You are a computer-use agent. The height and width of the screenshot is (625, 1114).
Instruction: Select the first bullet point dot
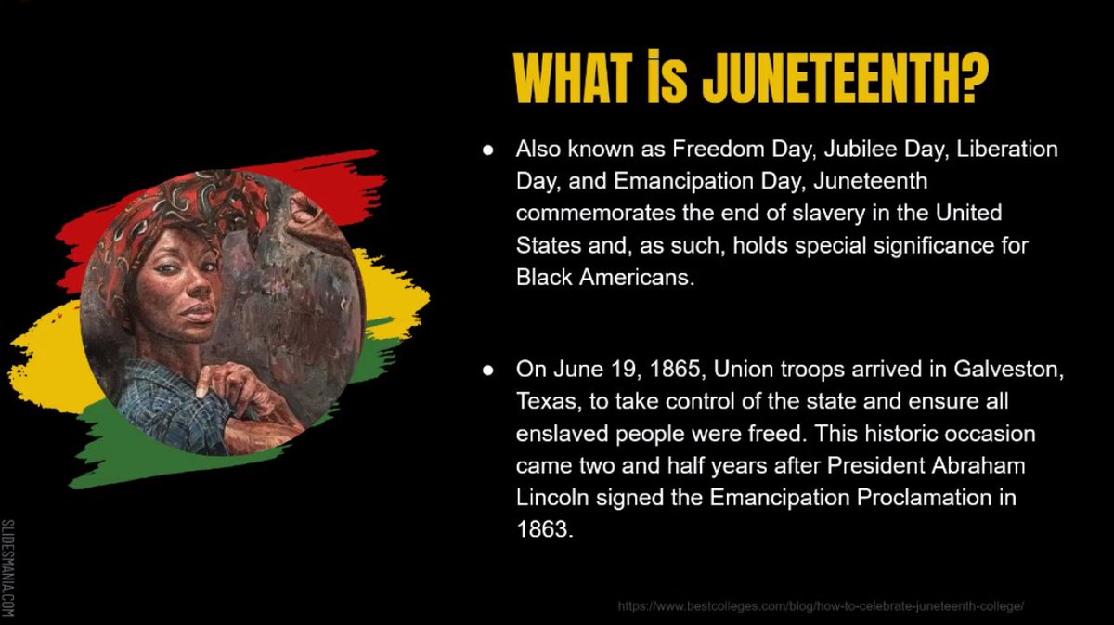[487, 150]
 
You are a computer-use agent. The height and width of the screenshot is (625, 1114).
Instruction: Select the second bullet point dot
[487, 371]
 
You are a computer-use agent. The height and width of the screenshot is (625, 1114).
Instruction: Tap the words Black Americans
[604, 277]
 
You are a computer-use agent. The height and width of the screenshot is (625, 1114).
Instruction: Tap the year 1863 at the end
[539, 529]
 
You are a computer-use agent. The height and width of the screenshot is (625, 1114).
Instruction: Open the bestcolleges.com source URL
[821, 605]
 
